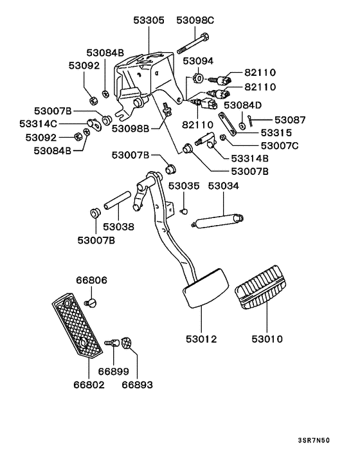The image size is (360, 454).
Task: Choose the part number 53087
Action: (x=291, y=120)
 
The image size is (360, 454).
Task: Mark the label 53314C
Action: (x=38, y=123)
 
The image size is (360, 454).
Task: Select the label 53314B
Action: (x=249, y=158)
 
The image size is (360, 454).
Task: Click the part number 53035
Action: (x=184, y=186)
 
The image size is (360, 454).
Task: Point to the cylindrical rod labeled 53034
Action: (x=219, y=221)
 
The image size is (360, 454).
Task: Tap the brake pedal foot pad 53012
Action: (x=205, y=290)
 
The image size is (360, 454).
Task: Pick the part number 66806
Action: (x=91, y=280)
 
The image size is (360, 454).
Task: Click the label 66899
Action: (x=113, y=372)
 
